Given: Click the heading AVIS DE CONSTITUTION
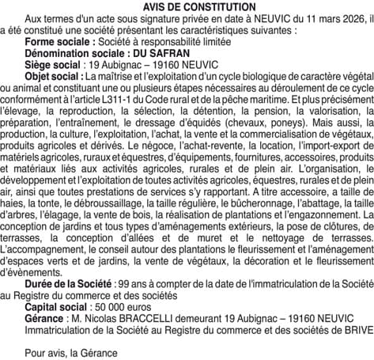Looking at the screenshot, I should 187,6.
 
